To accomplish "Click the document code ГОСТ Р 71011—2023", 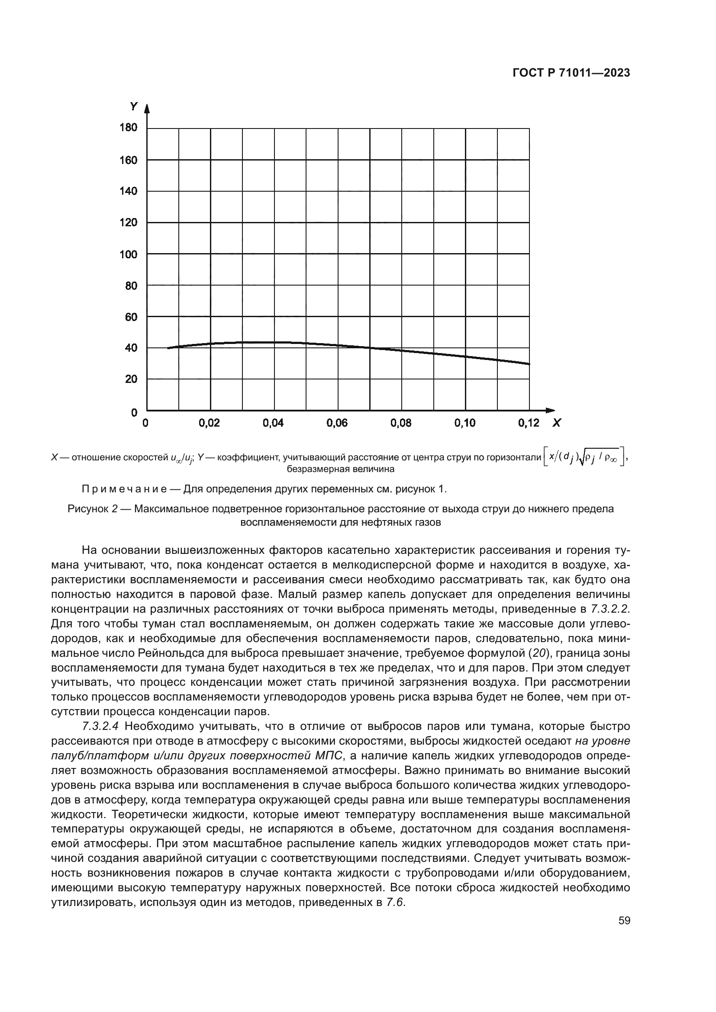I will pos(571,73).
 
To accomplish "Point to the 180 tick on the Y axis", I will pos(128,128).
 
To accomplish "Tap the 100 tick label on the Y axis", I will pos(128,254).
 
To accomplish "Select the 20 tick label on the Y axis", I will pos(131,379).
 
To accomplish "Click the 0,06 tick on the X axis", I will pos(337,423).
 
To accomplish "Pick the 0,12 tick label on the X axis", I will pos(529,423).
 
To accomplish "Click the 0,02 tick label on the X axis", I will pos(210,423).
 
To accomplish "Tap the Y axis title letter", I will pos(133,106).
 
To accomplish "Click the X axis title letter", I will pos(557,423).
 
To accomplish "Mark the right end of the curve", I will pos(529,363).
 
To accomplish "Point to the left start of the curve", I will pos(168,348).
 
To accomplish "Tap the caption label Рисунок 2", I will pos(93,509).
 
